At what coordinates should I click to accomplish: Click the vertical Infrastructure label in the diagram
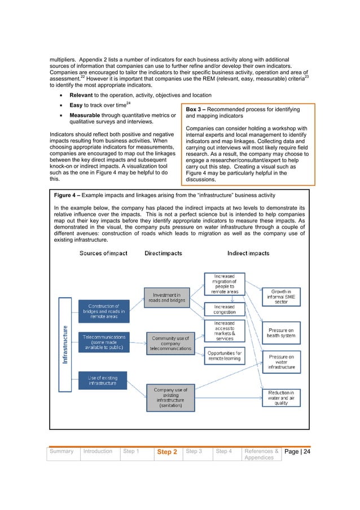tap(67, 347)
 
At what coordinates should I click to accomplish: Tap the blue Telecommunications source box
tap(104, 342)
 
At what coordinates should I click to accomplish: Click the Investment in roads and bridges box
tap(166, 298)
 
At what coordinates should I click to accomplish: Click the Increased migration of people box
tap(225, 284)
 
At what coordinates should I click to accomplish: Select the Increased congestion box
tap(225, 310)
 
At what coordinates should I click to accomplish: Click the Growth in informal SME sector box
tap(280, 297)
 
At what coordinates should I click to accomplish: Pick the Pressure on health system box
tap(280, 333)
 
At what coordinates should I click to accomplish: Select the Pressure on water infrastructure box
tap(280, 362)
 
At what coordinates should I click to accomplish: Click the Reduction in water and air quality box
tap(280, 396)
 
